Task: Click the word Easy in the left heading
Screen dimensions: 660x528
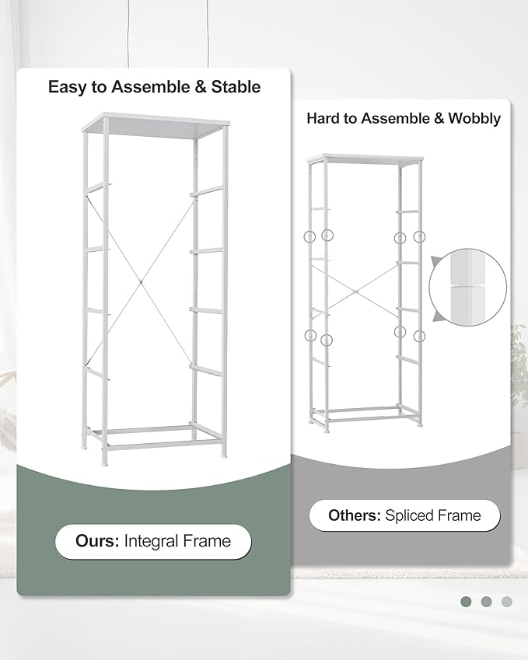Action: pyautogui.click(x=65, y=87)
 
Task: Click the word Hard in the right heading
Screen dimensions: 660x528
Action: pyautogui.click(x=323, y=119)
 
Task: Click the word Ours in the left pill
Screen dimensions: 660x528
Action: pyautogui.click(x=96, y=541)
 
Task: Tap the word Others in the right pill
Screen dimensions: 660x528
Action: pyautogui.click(x=354, y=515)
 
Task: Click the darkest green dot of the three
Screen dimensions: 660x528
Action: pyautogui.click(x=466, y=601)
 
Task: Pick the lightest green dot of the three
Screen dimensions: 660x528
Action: pyautogui.click(x=507, y=601)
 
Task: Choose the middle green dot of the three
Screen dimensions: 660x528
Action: pyautogui.click(x=486, y=601)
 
